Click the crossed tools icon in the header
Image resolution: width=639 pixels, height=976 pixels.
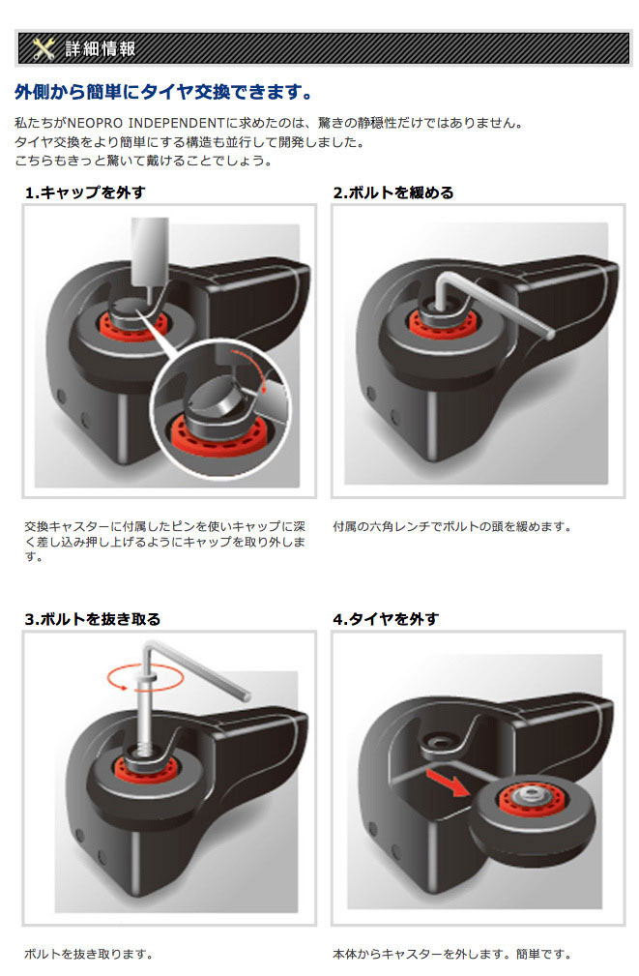click(x=43, y=48)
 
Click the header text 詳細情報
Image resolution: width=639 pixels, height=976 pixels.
click(x=101, y=48)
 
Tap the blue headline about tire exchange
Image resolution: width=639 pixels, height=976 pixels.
click(x=163, y=92)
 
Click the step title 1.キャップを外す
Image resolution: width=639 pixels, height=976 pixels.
click(x=85, y=192)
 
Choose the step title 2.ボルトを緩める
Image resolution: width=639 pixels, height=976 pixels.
click(x=393, y=192)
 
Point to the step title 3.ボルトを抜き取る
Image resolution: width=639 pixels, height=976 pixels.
click(x=93, y=619)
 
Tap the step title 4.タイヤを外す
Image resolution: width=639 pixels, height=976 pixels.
click(x=386, y=619)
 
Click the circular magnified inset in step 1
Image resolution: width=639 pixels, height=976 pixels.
click(x=220, y=404)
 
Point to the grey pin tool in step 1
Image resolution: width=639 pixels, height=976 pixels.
click(x=149, y=255)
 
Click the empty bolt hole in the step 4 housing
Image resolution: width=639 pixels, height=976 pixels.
click(x=440, y=742)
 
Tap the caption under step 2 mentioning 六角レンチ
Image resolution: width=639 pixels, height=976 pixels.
click(x=451, y=526)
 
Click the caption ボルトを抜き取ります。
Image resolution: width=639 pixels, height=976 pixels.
click(x=88, y=954)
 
